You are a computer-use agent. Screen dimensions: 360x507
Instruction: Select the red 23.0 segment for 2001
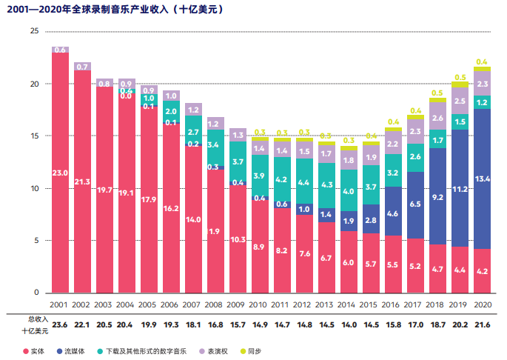pos(60,173)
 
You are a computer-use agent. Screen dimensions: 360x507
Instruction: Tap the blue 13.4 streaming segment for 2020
pos(483,179)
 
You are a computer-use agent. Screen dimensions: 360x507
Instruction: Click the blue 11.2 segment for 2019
pos(460,189)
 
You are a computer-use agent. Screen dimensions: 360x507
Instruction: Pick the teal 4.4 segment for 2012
pos(305,181)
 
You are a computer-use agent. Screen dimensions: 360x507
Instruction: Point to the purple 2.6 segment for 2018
pos(437,119)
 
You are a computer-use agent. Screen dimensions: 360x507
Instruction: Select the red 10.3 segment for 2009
pos(238,239)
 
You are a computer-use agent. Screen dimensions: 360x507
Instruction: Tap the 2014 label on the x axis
pos(349,304)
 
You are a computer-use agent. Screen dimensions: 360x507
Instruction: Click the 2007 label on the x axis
pos(193,304)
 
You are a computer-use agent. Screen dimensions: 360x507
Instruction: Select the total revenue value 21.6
pos(483,324)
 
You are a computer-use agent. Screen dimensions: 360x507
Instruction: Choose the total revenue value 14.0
pos(349,324)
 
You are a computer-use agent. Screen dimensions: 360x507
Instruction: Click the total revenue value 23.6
pos(60,324)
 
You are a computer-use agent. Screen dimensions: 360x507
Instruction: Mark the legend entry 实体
pos(34,349)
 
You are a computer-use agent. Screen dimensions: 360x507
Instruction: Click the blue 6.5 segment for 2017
pos(415,204)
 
